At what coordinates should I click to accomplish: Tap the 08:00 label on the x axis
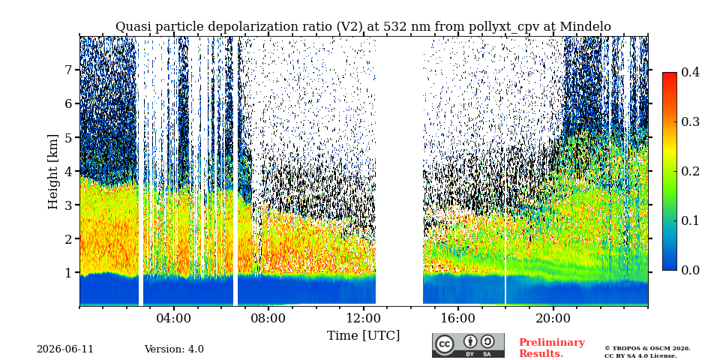[268, 319]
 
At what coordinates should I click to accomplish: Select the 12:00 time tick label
[363, 319]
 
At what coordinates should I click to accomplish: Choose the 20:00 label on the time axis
[553, 319]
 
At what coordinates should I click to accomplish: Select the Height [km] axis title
[54, 172]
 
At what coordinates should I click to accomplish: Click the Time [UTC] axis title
[363, 336]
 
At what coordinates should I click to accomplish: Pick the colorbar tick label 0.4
[690, 72]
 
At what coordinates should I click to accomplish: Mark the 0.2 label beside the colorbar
[690, 171]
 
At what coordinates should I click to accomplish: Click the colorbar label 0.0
[690, 271]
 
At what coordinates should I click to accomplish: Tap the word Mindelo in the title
[584, 27]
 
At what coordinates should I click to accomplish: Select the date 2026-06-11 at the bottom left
[65, 349]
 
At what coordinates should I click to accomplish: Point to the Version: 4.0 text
[174, 349]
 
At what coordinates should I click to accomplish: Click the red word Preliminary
[552, 343]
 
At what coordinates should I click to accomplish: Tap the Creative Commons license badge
[468, 345]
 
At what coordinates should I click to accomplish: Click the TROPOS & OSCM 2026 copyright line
[647, 349]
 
